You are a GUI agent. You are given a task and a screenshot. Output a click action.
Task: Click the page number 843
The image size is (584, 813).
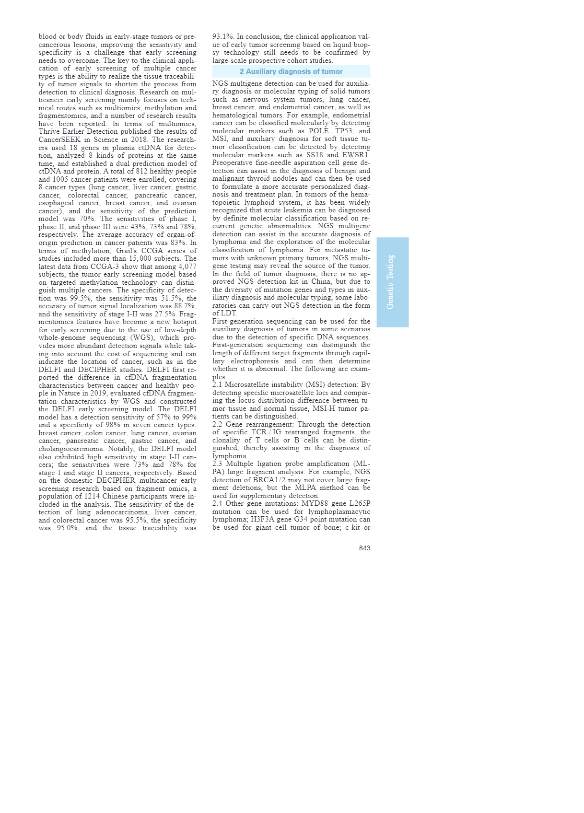coord(364,548)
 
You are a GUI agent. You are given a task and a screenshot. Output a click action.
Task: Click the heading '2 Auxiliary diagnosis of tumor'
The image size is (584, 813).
coord(291,71)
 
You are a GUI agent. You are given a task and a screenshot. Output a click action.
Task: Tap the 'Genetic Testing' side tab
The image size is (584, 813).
coord(392,282)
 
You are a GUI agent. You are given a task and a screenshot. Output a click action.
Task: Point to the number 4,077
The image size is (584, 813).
coord(187,267)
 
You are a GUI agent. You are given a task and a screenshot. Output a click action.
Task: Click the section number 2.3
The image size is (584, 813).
coord(218,464)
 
